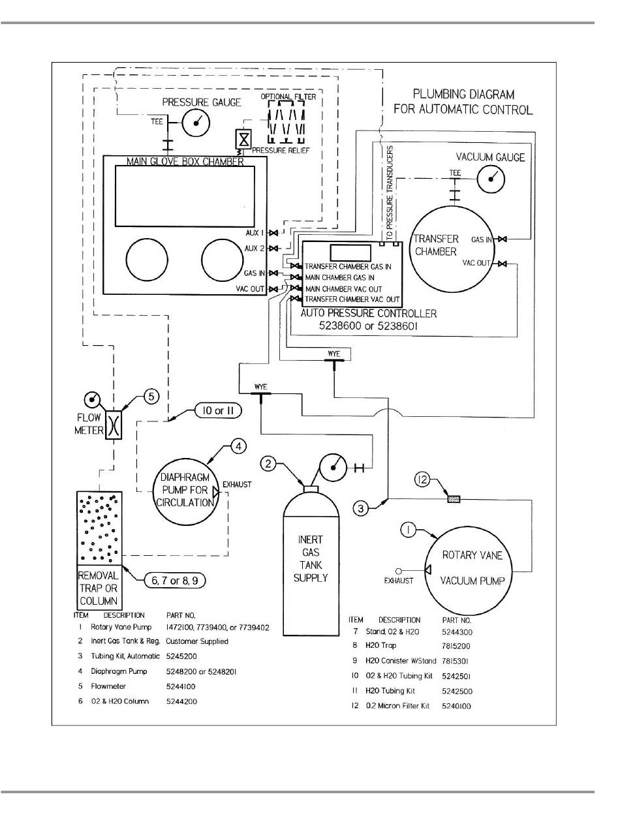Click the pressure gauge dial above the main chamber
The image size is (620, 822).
(x=196, y=123)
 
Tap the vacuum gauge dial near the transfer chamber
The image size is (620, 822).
(x=491, y=179)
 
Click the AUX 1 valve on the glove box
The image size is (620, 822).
(x=273, y=233)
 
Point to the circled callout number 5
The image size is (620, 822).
(x=151, y=397)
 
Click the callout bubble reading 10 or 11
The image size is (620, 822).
(x=218, y=411)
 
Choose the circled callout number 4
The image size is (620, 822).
(x=239, y=447)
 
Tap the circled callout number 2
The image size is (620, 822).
(x=268, y=464)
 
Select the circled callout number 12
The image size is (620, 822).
(x=422, y=479)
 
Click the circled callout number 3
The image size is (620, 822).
(x=361, y=509)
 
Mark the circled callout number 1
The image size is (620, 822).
(x=409, y=530)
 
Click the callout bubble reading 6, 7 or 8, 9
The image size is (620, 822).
(x=175, y=581)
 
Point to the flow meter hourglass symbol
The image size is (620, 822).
(x=114, y=424)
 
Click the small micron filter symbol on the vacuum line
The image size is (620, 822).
(x=454, y=498)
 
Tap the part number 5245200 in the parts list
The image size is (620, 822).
(x=181, y=656)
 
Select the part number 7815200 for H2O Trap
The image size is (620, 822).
(x=456, y=646)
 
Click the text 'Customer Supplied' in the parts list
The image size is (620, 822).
(x=197, y=641)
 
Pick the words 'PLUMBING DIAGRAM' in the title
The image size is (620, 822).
(x=463, y=94)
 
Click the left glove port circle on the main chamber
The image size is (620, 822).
(x=147, y=260)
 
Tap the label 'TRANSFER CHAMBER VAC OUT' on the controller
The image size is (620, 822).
(x=352, y=299)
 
